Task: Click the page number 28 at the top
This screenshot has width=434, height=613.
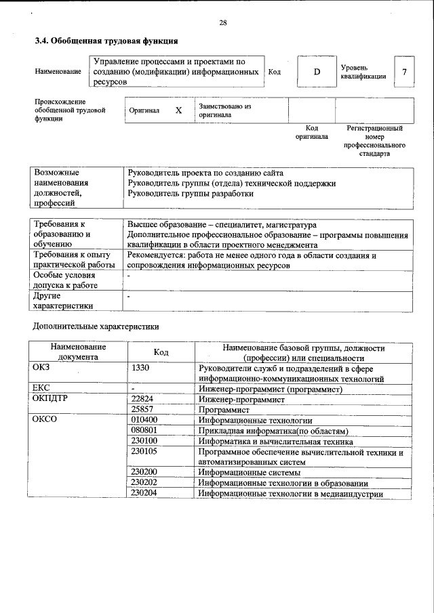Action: pyautogui.click(x=222, y=23)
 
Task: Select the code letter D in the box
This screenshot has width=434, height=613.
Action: pyautogui.click(x=316, y=72)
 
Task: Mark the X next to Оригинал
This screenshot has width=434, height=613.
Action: pyautogui.click(x=178, y=110)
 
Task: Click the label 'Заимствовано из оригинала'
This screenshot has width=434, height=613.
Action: pyautogui.click(x=224, y=110)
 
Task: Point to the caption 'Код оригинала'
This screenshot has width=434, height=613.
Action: pyautogui.click(x=311, y=132)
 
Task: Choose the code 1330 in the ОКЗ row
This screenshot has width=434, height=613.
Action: pyautogui.click(x=140, y=368)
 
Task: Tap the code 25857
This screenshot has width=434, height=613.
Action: pyautogui.click(x=143, y=410)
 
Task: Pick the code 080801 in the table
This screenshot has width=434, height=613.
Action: pyautogui.click(x=144, y=430)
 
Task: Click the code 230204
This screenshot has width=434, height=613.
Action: pyautogui.click(x=144, y=493)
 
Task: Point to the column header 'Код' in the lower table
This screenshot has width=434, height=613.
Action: pyautogui.click(x=161, y=352)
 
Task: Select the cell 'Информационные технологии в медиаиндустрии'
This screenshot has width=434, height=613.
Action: pyautogui.click(x=290, y=494)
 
